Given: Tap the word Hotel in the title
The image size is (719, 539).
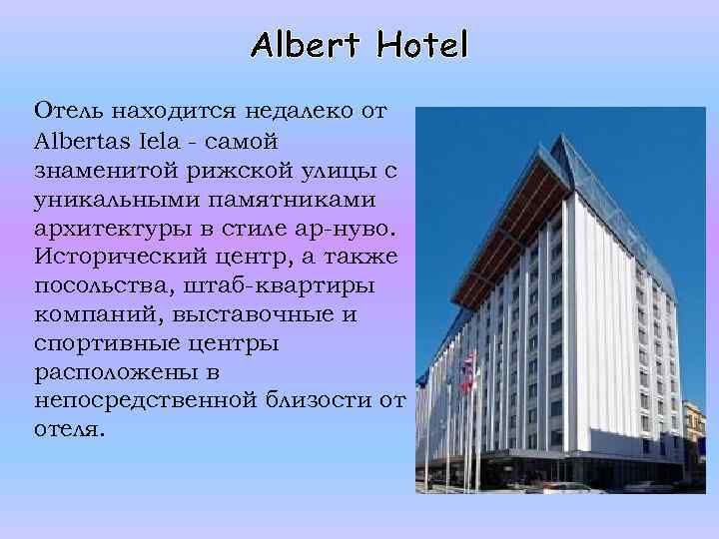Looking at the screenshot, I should [x=418, y=44].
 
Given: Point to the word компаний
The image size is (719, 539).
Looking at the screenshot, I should [x=89, y=314].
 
